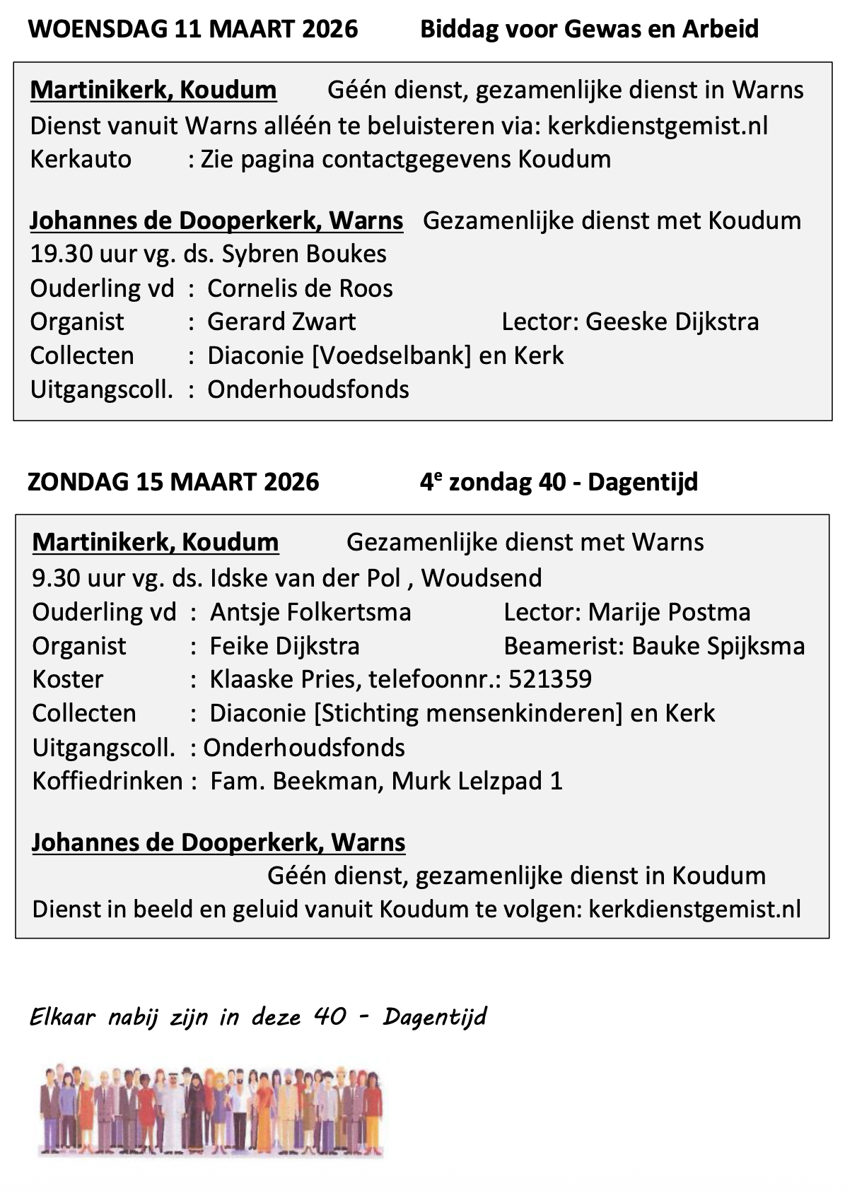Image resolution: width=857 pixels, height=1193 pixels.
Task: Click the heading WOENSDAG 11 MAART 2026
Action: pyautogui.click(x=192, y=29)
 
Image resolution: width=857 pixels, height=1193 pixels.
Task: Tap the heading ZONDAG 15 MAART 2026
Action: pyautogui.click(x=173, y=482)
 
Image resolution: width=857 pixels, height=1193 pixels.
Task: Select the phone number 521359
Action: pyautogui.click(x=549, y=679)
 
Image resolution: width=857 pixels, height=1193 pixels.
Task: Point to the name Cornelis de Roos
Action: pyautogui.click(x=300, y=288)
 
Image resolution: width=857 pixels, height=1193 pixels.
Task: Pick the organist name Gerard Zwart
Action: pyautogui.click(x=281, y=322)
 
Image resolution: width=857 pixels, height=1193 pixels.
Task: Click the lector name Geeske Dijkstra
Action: pyautogui.click(x=672, y=322)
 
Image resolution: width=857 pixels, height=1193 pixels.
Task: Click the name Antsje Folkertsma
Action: pyautogui.click(x=310, y=612)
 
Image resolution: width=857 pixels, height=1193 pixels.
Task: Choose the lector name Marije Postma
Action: pyautogui.click(x=669, y=612)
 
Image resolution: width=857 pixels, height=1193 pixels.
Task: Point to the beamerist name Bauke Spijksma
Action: pyautogui.click(x=718, y=646)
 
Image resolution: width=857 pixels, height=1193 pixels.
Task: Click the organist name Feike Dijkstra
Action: pyautogui.click(x=285, y=646)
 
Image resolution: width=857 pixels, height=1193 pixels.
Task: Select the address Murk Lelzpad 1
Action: pyautogui.click(x=477, y=781)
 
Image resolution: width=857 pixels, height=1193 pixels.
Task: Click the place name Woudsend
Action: pyautogui.click(x=482, y=578)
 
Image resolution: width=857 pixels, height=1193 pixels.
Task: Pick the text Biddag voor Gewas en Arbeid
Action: pyautogui.click(x=589, y=29)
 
